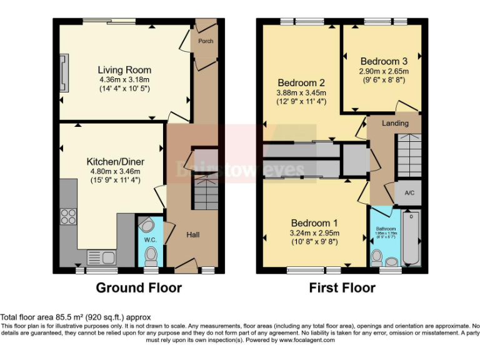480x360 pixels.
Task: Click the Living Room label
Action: point(124,70)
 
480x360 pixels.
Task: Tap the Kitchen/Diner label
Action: point(114,162)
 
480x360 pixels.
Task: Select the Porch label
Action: point(205,41)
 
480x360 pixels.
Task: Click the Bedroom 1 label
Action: point(315,223)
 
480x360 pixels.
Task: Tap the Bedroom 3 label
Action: point(384,61)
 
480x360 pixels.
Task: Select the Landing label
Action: point(395,123)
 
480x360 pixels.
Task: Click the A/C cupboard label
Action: point(409,193)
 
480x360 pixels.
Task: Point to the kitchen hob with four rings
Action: point(67,216)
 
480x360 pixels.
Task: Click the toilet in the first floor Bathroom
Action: point(376,256)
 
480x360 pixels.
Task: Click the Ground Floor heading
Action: point(139,288)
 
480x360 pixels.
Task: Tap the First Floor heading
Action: point(342,288)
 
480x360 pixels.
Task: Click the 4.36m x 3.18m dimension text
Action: point(124,79)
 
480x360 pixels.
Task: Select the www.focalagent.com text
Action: point(307,341)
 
